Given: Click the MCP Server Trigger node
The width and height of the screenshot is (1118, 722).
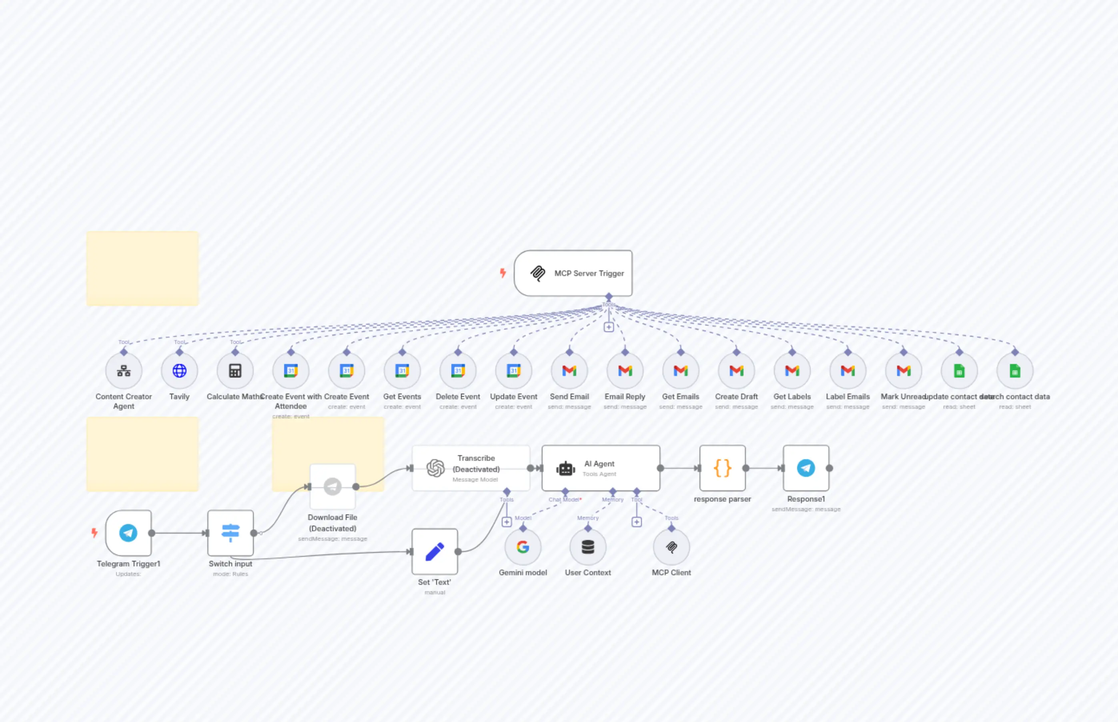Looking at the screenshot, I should click(573, 273).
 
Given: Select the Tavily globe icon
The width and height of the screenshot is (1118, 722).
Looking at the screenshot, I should click(179, 371).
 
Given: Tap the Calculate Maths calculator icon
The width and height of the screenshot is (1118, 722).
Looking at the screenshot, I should click(235, 371).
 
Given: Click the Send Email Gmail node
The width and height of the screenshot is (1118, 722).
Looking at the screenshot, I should click(569, 371).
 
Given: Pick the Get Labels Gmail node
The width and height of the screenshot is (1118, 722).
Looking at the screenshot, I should click(791, 371).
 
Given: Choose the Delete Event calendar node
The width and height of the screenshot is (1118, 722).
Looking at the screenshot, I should click(458, 371).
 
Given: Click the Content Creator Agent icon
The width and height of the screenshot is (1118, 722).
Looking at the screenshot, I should click(124, 371).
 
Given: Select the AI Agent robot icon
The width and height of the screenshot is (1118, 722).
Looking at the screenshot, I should click(565, 468).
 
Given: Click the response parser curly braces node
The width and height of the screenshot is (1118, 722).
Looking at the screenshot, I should click(722, 468).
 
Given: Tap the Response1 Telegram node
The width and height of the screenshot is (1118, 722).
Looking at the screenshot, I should click(805, 468).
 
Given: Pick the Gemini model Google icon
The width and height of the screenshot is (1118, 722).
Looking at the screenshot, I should click(523, 547).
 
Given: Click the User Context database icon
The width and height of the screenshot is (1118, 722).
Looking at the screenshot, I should click(587, 547).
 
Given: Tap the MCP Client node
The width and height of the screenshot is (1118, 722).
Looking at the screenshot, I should click(671, 547).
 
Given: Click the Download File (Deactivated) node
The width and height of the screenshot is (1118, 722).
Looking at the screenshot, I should click(333, 487).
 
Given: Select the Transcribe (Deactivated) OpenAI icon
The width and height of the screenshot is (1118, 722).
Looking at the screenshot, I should click(435, 468).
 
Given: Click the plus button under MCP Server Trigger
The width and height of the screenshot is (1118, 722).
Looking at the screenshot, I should click(608, 327).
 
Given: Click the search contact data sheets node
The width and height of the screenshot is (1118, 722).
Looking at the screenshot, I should click(1014, 371).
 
